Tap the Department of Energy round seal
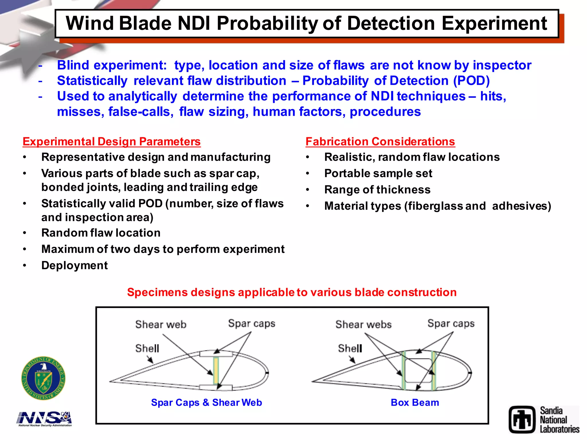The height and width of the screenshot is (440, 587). pyautogui.click(x=43, y=378)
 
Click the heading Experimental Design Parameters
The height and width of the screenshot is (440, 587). pyautogui.click(x=111, y=142)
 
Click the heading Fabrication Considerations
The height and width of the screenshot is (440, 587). pyautogui.click(x=380, y=142)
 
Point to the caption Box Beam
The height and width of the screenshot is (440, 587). pyautogui.click(x=415, y=402)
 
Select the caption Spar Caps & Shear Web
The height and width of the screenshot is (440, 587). pyautogui.click(x=206, y=402)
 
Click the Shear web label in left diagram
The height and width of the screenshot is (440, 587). pyautogui.click(x=161, y=325)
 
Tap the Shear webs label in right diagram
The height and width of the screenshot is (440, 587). pyautogui.click(x=363, y=325)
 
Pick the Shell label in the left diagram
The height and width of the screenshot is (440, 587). pyautogui.click(x=147, y=348)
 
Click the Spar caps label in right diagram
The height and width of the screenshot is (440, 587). pyautogui.click(x=451, y=323)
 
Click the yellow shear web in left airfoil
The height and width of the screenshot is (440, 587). pyautogui.click(x=216, y=371)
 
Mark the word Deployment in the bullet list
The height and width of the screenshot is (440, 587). pyautogui.click(x=75, y=266)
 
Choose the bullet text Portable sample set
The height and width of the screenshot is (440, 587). pyautogui.click(x=378, y=174)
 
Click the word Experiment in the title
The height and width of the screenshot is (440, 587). pyautogui.click(x=494, y=23)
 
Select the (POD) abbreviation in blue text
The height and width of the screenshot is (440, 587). pyautogui.click(x=471, y=81)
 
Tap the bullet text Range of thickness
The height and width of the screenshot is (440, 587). pyautogui.click(x=377, y=190)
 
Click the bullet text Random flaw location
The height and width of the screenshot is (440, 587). pyautogui.click(x=101, y=233)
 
